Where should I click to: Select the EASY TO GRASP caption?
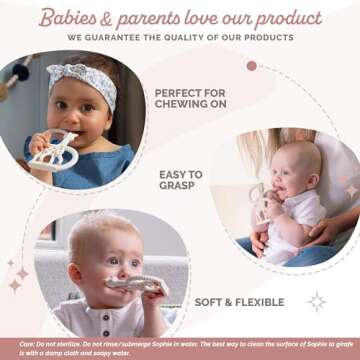tap(181, 180)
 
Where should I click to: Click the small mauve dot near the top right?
tap(252, 65)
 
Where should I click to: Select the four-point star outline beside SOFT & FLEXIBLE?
tap(317, 301)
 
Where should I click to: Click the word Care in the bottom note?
tap(12, 343)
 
